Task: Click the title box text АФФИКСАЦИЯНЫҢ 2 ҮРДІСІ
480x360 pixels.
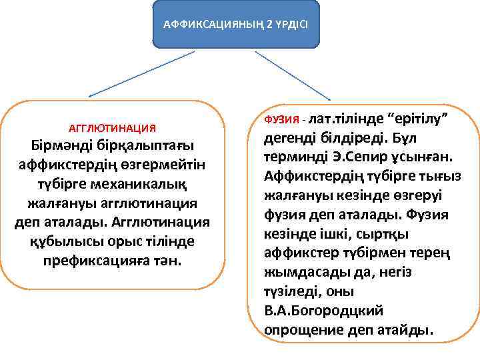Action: click(x=235, y=25)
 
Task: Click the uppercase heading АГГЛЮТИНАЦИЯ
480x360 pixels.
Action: click(x=113, y=127)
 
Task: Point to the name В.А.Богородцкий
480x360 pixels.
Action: click(x=323, y=311)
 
